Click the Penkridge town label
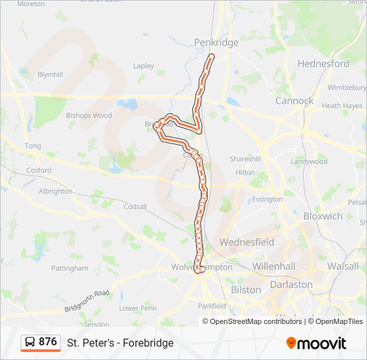pyautogui.click(x=216, y=43)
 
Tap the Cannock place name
pyautogui.click(x=294, y=101)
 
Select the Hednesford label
pyautogui.click(x=323, y=64)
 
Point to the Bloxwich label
pyautogui.click(x=322, y=216)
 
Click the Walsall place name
pyautogui.click(x=344, y=266)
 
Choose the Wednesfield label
pyautogui.click(x=246, y=242)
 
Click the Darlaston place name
pyautogui.click(x=291, y=284)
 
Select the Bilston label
pyautogui.click(x=246, y=290)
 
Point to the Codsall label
pyautogui.click(x=135, y=207)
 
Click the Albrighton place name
pyautogui.click(x=55, y=191)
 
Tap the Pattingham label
pyautogui.click(x=69, y=268)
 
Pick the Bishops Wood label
pyautogui.click(x=89, y=115)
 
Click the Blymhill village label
pyautogui.click(x=51, y=74)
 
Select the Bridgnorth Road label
pyautogui.click(x=87, y=301)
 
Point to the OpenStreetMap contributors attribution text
pyautogui.click(x=256, y=321)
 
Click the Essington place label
pyautogui.click(x=268, y=199)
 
